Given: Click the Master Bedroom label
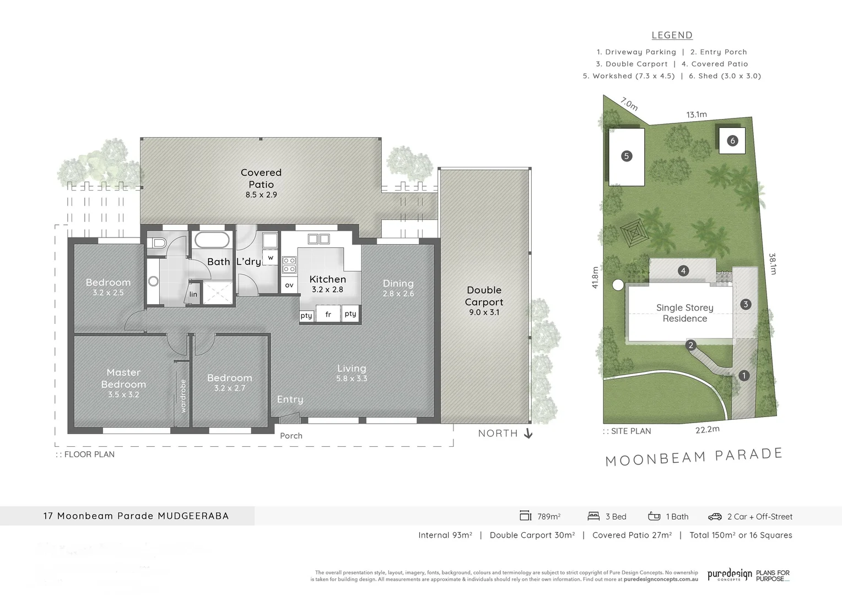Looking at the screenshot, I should pos(123,379).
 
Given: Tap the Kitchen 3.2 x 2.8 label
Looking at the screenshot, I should pos(327,283).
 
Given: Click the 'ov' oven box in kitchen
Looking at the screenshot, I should pos(289,285).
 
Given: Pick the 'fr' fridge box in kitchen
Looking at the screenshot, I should pos(328,315).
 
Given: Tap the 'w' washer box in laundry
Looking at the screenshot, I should pos(271,257).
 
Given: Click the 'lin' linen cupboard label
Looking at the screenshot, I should pos(193,294).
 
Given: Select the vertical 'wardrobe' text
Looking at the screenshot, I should pos(183,396).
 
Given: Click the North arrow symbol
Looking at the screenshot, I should pos(528,434).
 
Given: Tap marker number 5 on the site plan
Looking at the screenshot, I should pos(626,156).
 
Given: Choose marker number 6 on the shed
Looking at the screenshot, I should pos(732,140).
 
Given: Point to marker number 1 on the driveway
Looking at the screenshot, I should pos(744,376).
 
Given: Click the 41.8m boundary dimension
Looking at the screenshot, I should pos(595,278).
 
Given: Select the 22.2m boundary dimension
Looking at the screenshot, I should pos(707,430).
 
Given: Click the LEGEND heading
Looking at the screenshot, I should pos(672,35).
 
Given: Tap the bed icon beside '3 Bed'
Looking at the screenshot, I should pos(593,516).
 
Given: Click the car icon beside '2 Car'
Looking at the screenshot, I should pos(715,516).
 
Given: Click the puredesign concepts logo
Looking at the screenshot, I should pos(730,575).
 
